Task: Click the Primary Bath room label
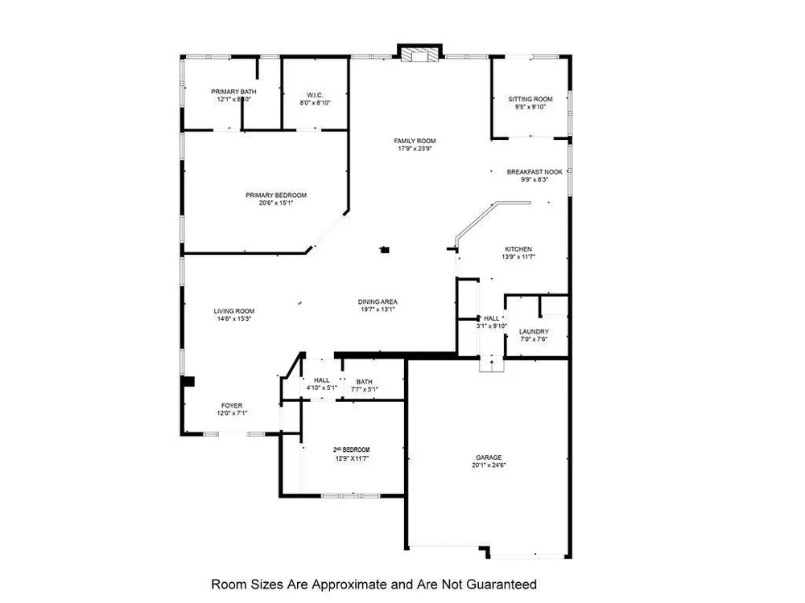pos(233,92)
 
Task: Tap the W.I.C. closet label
pos(315,94)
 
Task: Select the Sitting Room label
pos(530,99)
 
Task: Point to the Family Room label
pos(415,141)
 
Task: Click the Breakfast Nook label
pos(534,172)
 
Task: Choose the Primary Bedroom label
pos(276,195)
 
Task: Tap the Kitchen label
pos(519,248)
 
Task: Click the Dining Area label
pos(378,302)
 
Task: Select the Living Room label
pos(234,311)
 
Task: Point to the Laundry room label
pos(534,331)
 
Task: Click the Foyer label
pos(232,405)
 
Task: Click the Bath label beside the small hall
pos(365,382)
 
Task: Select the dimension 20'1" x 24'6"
pos(489,465)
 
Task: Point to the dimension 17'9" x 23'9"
pos(415,149)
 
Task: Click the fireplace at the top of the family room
pos(420,55)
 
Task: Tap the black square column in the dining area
pos(386,250)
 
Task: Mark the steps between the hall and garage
pos(492,364)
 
